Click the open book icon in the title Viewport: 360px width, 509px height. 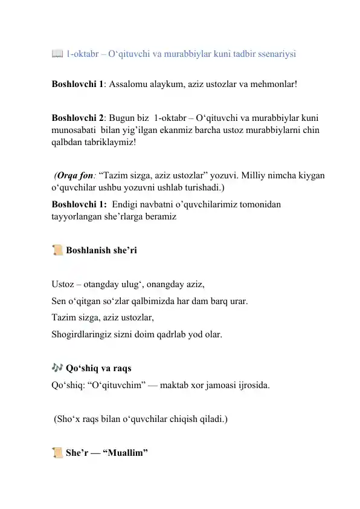pyautogui.click(x=57, y=54)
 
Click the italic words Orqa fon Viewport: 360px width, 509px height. pyautogui.click(x=72, y=175)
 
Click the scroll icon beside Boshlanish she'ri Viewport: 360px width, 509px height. pyautogui.click(x=57, y=250)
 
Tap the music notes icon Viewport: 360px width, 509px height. pyautogui.click(x=58, y=368)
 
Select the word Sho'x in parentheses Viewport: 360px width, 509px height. pyautogui.click(x=68, y=418)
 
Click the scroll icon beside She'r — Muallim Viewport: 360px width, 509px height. pyautogui.click(x=57, y=452)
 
